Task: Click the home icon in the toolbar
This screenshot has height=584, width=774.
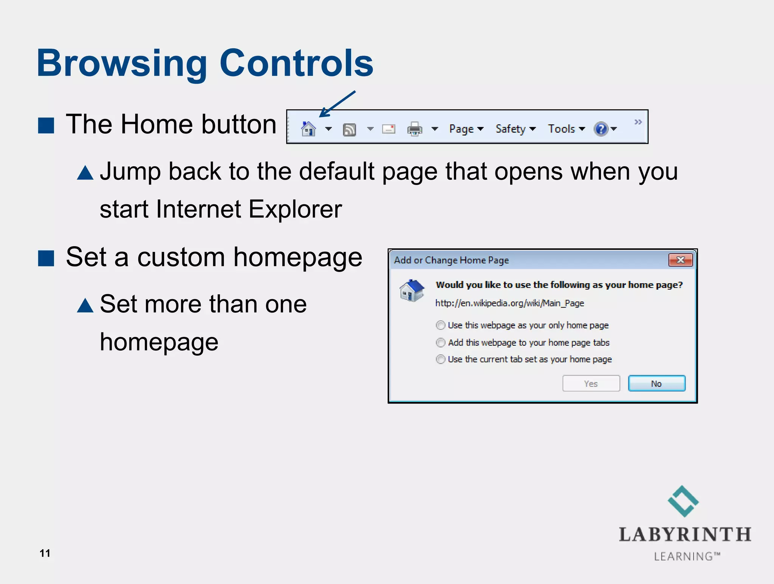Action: click(x=308, y=129)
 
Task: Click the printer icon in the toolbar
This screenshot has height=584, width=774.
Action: click(x=415, y=129)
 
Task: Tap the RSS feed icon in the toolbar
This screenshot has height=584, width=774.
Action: click(x=349, y=130)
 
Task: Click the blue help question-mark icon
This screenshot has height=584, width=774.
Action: click(x=601, y=129)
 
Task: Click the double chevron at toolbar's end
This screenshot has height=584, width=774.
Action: click(x=638, y=122)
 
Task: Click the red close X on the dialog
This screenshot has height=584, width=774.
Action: click(x=680, y=260)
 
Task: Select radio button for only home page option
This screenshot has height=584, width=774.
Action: click(x=440, y=325)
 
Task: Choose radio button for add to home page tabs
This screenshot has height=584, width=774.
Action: click(x=440, y=343)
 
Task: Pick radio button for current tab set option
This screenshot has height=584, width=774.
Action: click(x=440, y=359)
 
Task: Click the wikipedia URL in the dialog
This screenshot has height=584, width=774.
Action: click(x=509, y=303)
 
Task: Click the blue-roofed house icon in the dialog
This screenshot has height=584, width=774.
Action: click(x=412, y=291)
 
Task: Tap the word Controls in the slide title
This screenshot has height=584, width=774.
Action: click(x=296, y=63)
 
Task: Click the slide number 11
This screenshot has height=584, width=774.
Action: click(x=45, y=553)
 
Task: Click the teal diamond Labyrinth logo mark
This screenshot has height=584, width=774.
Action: click(x=683, y=501)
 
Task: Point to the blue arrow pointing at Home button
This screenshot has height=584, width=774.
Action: click(x=337, y=104)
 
